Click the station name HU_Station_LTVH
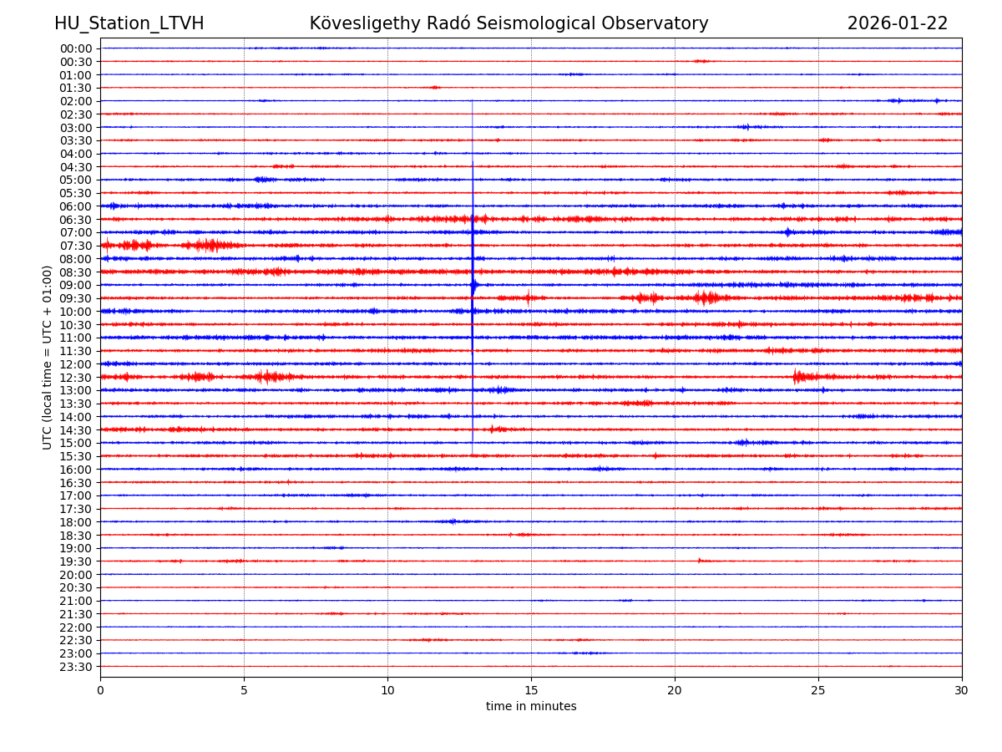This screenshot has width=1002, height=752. [x=129, y=23]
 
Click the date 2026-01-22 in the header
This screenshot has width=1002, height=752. [x=898, y=23]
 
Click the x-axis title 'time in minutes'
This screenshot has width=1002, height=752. [x=531, y=707]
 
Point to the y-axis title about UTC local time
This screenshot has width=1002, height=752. [x=48, y=357]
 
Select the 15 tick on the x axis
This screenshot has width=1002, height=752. [x=531, y=690]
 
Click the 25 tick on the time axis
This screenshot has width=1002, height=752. [x=818, y=690]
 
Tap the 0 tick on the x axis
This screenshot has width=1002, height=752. [x=100, y=690]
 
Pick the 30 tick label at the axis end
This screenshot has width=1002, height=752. [x=962, y=690]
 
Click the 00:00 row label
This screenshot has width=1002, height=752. [x=76, y=48]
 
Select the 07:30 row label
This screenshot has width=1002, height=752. [x=76, y=246]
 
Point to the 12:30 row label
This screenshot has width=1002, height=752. [x=76, y=378]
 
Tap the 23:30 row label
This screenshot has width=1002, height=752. [x=76, y=667]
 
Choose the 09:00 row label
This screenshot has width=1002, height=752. [x=76, y=285]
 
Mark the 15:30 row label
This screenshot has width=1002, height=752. [x=76, y=456]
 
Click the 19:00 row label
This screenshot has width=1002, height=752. [x=76, y=548]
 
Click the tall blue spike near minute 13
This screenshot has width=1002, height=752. [x=473, y=276]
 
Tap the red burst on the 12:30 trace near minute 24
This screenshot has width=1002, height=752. [x=797, y=377]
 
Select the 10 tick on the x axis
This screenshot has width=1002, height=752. [x=387, y=690]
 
